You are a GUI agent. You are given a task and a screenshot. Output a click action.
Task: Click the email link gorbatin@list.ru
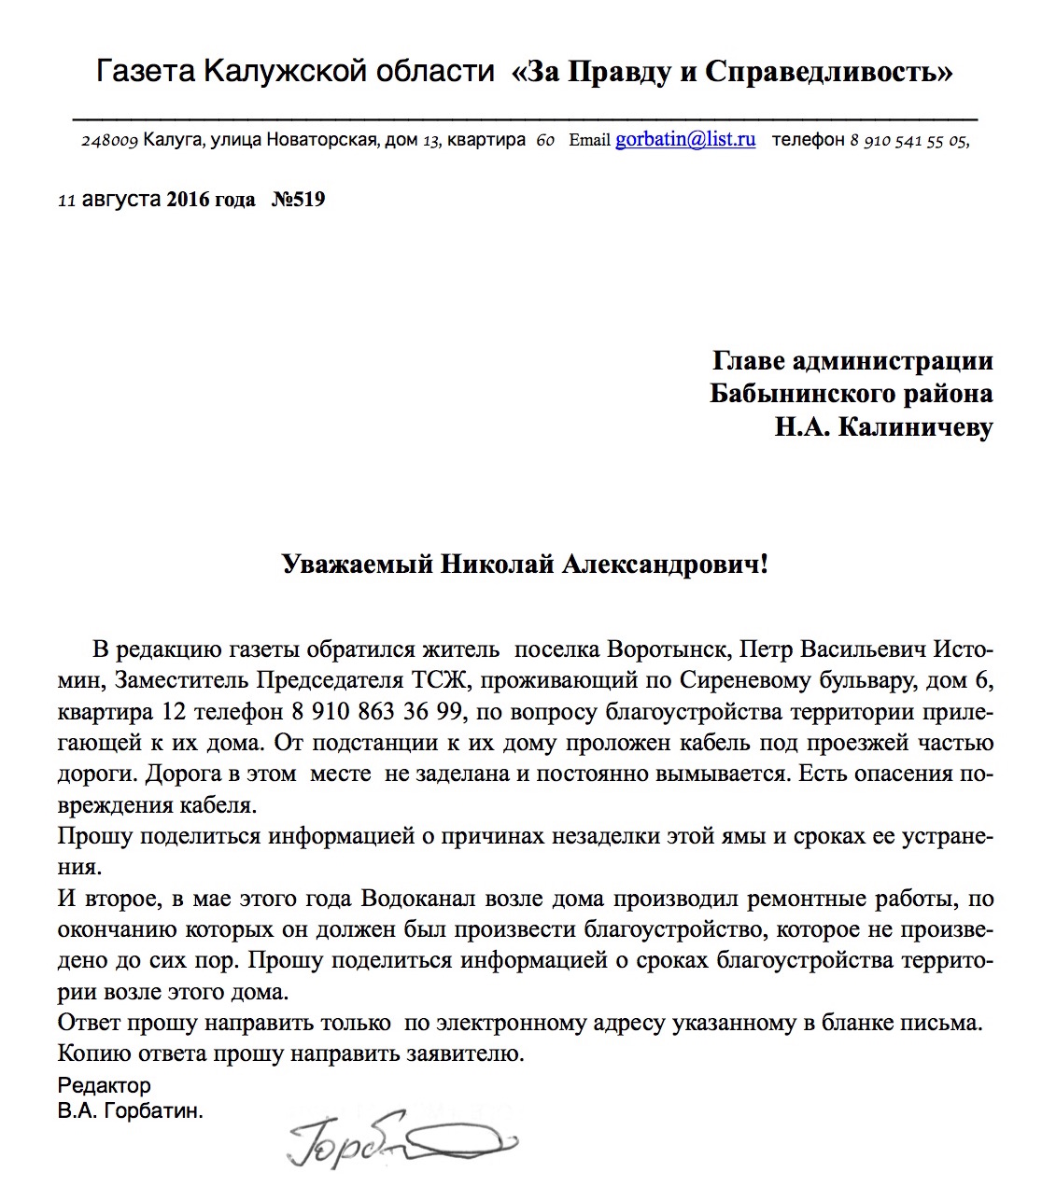684,140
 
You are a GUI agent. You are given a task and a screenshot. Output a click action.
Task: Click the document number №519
298,200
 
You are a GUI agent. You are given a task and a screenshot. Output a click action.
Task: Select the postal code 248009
110,141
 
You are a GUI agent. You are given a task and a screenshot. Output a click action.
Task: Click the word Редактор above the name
104,1086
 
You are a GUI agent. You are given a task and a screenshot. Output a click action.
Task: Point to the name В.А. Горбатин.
130,1111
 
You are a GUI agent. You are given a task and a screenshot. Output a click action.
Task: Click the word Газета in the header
146,72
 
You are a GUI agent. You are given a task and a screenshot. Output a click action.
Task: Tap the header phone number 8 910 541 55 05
909,141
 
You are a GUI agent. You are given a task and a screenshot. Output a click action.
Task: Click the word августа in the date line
120,200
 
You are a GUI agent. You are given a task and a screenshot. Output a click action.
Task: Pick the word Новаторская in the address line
322,141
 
